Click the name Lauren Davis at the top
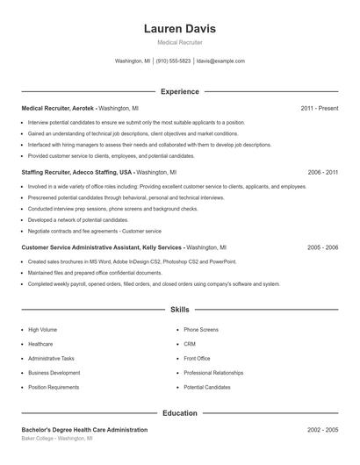pos(179,29)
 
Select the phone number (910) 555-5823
pos(174,61)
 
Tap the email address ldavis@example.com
pos(220,61)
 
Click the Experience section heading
pos(179,91)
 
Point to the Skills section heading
pos(179,310)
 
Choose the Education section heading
pos(179,412)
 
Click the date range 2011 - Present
pos(319,108)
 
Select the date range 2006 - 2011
pos(322,173)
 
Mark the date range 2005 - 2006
pos(322,247)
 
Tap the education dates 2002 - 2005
pos(322,430)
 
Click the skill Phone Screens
pos(201,330)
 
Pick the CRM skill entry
pos(190,344)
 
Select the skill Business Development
pos(54,373)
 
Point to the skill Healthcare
pos(40,344)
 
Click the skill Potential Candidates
pos(206,387)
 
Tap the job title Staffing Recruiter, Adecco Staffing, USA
pos(76,173)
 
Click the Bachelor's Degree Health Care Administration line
pos(84,430)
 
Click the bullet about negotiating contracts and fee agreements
pos(95,231)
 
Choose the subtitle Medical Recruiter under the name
pos(179,42)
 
